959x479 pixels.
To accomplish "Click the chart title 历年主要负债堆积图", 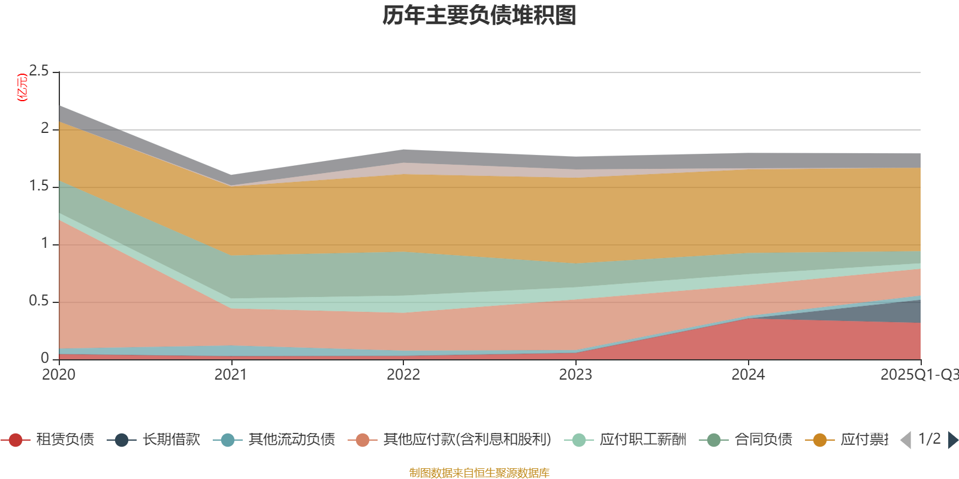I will click(479, 16).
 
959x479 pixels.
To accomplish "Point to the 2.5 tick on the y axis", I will click(39, 71).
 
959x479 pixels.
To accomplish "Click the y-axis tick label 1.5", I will click(39, 186).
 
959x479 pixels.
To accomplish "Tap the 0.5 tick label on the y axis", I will click(39, 301).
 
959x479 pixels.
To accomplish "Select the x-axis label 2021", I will click(231, 375).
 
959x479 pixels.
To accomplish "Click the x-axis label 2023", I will click(575, 375).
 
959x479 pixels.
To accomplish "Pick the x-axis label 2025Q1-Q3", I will click(918, 375).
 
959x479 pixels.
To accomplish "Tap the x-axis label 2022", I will click(403, 375).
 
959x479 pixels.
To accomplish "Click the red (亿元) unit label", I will click(22, 87).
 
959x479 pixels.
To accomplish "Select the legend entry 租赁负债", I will click(65, 440).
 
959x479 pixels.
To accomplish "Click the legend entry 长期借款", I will click(171, 440).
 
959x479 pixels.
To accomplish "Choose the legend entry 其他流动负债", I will click(291, 440).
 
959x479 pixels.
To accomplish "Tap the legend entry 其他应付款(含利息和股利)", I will click(467, 440).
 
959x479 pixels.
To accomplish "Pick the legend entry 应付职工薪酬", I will click(643, 440).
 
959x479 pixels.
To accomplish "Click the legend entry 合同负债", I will click(763, 440).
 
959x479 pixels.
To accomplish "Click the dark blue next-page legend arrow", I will click(952, 440).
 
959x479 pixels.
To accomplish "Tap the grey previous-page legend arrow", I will click(906, 440).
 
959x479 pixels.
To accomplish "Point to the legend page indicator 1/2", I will click(929, 439).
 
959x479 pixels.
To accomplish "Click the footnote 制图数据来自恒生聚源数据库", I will click(479, 473).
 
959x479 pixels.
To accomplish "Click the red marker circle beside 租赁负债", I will click(16, 440).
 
